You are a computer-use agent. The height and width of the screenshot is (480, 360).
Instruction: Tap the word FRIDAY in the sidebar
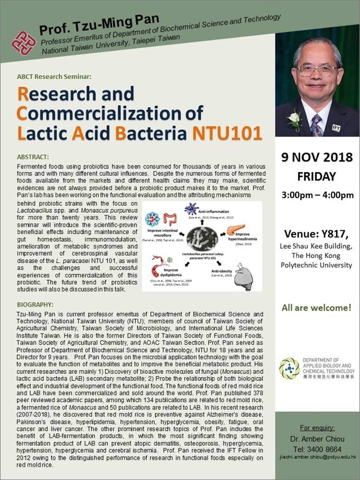[317, 177]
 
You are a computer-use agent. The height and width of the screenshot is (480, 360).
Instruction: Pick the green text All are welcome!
[317, 308]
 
